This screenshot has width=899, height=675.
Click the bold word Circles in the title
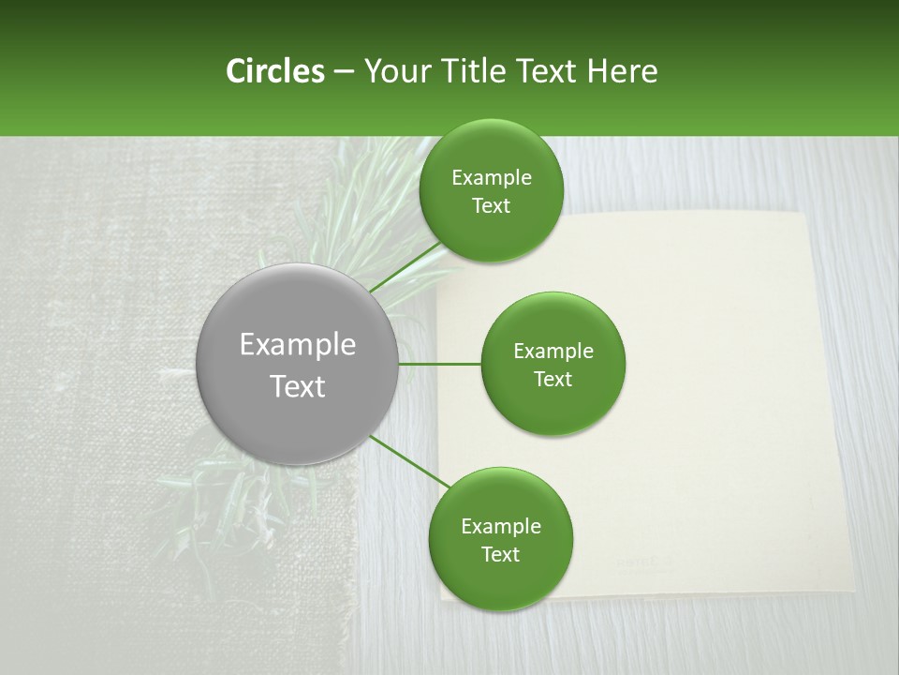[275, 71]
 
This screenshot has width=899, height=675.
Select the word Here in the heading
[622, 71]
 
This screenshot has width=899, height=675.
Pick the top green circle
[491, 230]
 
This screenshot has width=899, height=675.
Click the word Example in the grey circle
[298, 345]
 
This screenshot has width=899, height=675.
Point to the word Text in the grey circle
[298, 386]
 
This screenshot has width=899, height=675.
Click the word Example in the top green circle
[492, 178]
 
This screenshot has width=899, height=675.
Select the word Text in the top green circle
[491, 206]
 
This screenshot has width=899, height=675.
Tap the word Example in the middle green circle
[553, 352]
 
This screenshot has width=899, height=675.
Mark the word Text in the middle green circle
[553, 380]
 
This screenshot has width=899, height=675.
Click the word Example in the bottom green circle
[501, 527]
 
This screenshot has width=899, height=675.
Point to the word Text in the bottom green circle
[500, 555]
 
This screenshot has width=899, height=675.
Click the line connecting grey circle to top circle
[405, 267]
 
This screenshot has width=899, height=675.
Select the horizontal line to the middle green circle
[440, 364]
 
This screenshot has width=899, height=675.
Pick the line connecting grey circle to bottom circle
[408, 462]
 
